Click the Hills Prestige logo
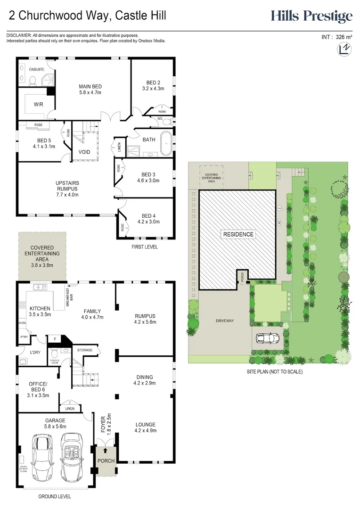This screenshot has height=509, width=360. coord(311,16)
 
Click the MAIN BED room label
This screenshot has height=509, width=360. coord(90,86)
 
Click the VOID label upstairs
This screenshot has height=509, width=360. coord(84,152)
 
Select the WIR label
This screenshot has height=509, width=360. coord(39,104)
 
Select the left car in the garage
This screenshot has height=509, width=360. coord(41,457)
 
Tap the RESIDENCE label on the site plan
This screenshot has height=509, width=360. coord(238,234)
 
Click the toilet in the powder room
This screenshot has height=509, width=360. coord(55,354)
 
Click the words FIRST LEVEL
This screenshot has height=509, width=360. coord(144,247)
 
